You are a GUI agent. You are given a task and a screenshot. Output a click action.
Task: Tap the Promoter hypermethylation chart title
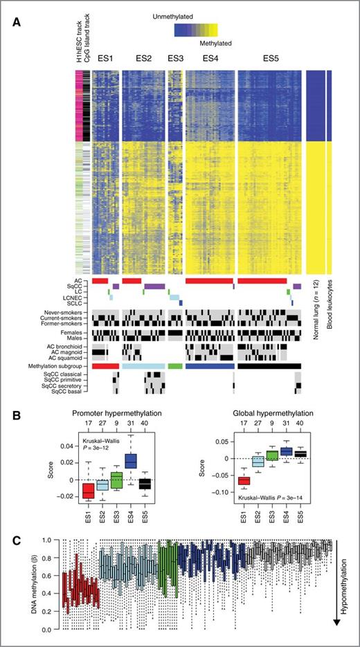click(111, 413)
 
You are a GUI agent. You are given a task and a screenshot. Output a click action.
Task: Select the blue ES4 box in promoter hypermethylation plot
click(131, 460)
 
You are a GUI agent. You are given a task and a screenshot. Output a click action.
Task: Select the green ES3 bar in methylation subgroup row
click(175, 365)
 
